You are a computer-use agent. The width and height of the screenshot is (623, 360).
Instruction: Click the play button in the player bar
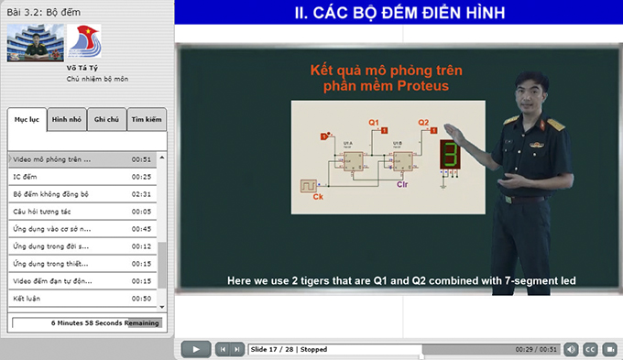(195, 349)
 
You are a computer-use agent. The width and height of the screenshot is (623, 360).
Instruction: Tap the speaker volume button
(571, 349)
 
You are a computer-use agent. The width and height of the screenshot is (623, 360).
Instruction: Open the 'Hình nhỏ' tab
(66, 119)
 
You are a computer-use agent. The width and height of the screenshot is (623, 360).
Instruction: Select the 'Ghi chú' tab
(106, 119)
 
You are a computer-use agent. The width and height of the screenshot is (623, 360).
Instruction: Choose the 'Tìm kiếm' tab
(146, 119)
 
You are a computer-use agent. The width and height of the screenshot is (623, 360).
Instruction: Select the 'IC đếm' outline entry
(25, 176)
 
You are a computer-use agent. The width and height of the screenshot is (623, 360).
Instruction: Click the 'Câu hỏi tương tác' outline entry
(42, 211)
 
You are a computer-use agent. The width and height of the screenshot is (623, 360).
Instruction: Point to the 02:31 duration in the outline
(140, 193)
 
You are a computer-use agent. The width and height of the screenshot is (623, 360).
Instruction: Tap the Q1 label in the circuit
(374, 122)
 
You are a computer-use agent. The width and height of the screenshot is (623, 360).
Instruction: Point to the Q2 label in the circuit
(423, 122)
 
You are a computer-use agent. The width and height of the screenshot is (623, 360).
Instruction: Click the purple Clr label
(401, 185)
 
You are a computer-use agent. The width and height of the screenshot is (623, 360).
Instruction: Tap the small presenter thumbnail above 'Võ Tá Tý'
(33, 42)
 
